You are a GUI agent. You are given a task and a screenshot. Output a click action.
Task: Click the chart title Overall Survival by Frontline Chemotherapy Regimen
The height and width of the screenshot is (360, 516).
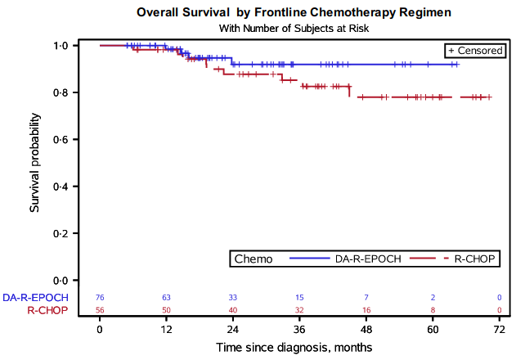(294, 12)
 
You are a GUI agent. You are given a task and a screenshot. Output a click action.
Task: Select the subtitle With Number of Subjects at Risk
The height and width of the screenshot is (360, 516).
(294, 29)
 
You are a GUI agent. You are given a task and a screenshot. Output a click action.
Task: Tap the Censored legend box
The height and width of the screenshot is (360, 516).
(475, 51)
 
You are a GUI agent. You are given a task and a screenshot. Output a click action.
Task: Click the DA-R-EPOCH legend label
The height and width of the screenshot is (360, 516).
(368, 259)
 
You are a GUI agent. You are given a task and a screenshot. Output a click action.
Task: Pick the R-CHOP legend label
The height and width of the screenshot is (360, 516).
(474, 259)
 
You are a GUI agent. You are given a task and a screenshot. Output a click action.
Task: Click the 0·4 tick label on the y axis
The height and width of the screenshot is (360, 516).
(61, 187)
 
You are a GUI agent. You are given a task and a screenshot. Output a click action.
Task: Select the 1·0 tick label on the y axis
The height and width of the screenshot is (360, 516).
(61, 46)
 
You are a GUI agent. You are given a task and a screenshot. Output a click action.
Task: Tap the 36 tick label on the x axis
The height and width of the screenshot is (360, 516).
(299, 330)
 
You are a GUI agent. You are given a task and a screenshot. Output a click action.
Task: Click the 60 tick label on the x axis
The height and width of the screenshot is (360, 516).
(433, 330)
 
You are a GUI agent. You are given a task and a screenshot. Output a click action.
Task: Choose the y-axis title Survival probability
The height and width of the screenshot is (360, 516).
(34, 163)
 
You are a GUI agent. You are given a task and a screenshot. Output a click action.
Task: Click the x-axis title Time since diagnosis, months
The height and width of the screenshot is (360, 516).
(294, 348)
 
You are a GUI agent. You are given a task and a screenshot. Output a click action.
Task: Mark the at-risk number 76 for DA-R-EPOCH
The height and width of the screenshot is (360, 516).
(100, 298)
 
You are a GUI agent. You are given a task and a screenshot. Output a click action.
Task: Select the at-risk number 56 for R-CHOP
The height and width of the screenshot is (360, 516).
(100, 310)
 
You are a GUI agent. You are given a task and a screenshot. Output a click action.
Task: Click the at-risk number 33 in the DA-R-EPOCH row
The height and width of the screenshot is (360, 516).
(233, 298)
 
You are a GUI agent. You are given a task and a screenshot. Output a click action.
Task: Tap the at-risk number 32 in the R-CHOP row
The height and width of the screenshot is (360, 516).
(299, 310)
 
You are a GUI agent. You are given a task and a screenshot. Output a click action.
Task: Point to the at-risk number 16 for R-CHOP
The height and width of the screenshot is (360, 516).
(366, 310)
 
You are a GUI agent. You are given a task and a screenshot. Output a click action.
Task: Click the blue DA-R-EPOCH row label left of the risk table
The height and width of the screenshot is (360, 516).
(35, 298)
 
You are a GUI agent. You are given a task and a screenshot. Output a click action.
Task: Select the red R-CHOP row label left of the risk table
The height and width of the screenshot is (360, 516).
(47, 310)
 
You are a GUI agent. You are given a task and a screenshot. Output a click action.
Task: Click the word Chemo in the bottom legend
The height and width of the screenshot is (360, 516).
(254, 259)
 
